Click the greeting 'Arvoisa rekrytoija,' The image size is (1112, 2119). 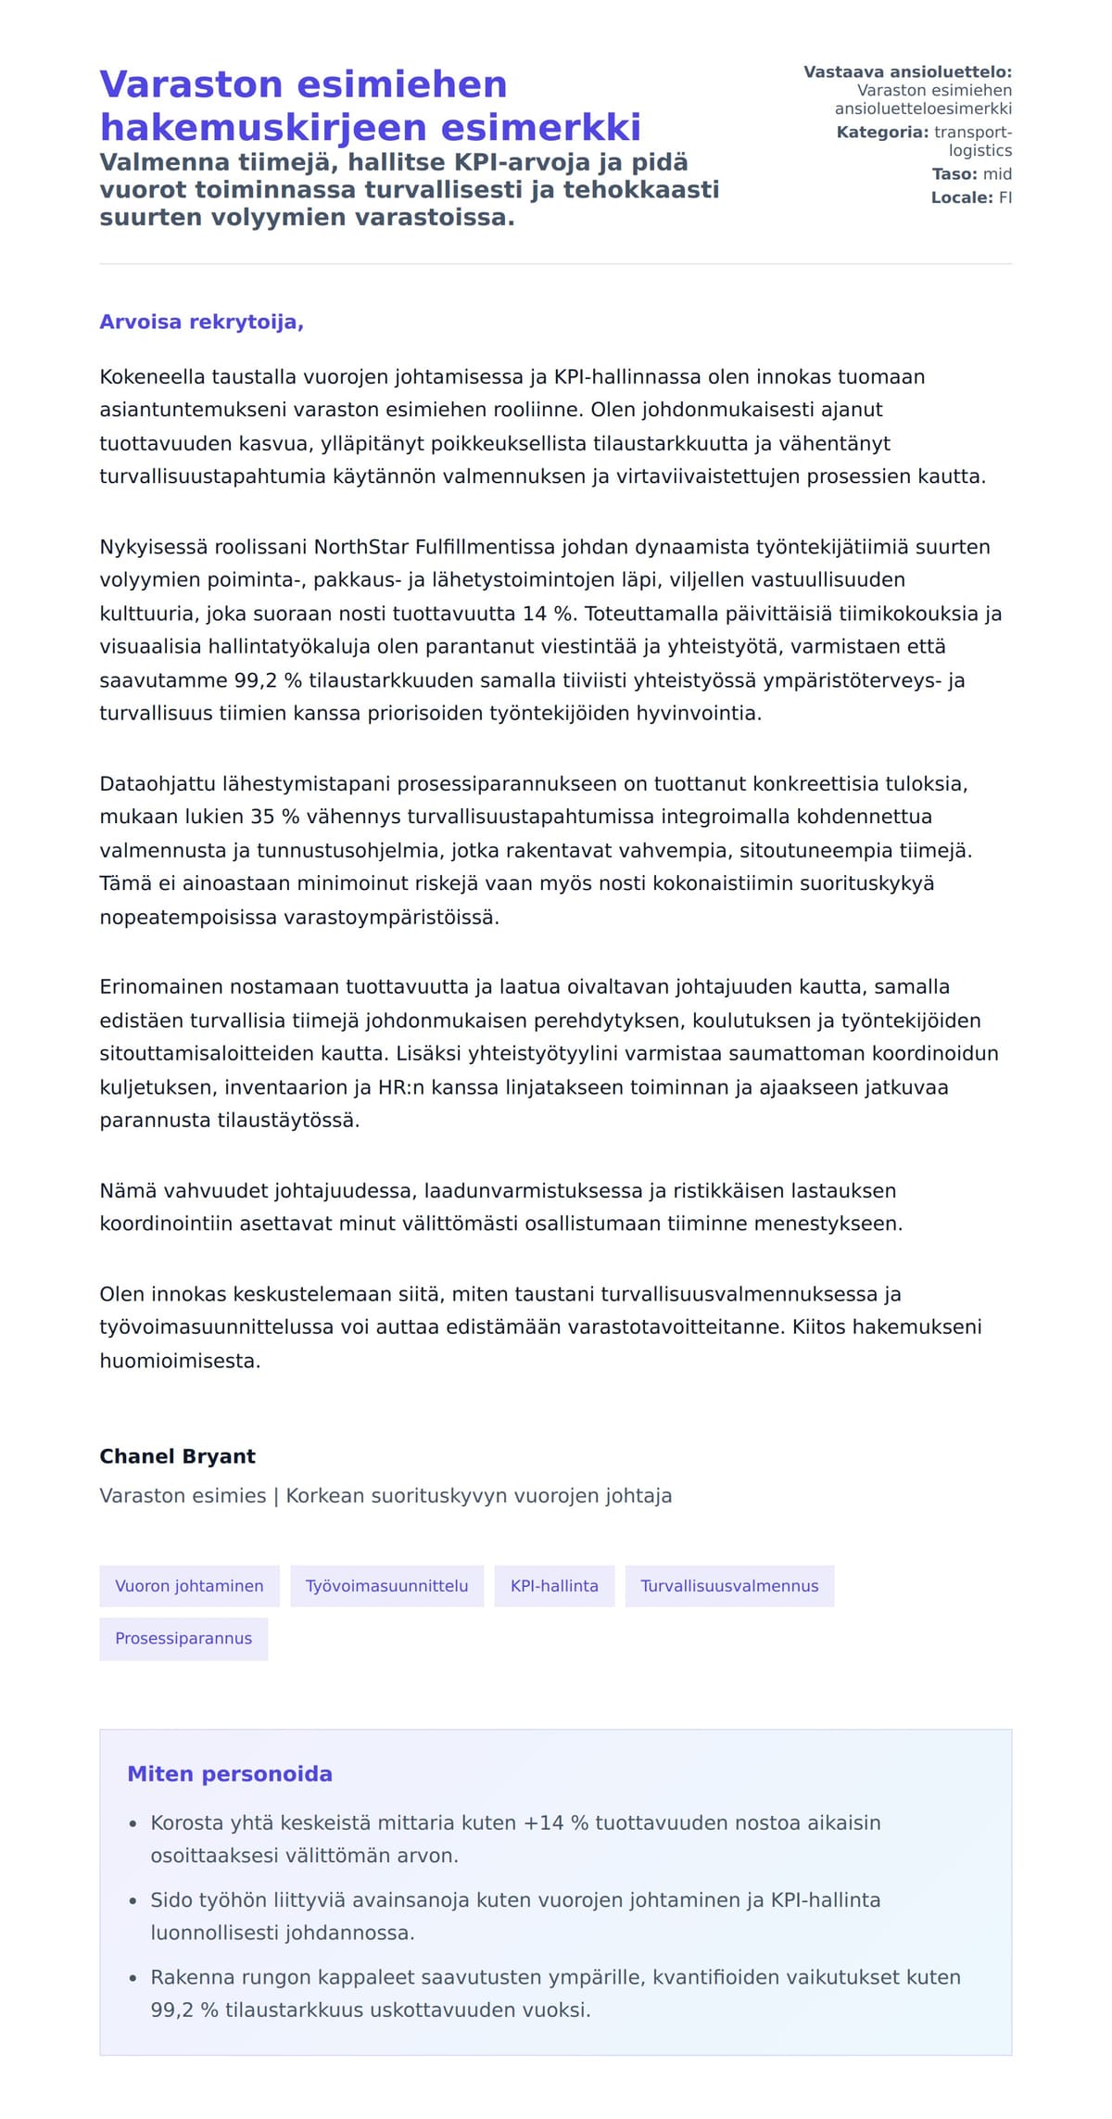tap(201, 322)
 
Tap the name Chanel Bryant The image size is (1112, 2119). tap(177, 1455)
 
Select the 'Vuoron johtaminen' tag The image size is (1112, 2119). tap(189, 1585)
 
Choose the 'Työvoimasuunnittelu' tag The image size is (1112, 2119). tap(386, 1585)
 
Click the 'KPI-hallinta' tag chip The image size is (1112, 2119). tap(554, 1585)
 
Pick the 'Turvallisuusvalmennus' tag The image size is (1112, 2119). tap(729, 1585)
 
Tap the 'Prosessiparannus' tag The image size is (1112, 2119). tap(183, 1638)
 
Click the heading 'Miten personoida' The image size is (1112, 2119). tap(229, 1773)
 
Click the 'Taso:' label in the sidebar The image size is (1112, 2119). tap(954, 174)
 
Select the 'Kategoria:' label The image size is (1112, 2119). tap(881, 133)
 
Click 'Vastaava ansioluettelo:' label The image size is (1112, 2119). tap(907, 72)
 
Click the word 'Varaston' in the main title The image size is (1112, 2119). tap(190, 84)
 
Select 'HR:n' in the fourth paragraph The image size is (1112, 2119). tap(400, 1086)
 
